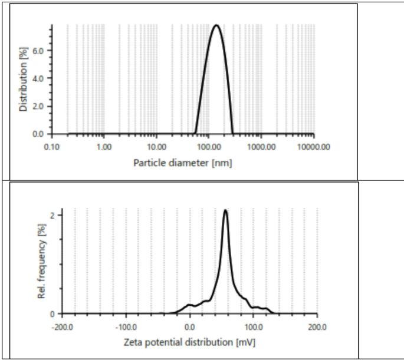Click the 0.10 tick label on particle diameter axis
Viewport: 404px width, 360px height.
(52, 146)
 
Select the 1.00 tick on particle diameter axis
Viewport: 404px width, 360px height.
(104, 146)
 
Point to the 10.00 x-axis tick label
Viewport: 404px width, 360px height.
(157, 146)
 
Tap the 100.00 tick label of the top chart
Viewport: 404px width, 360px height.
(209, 146)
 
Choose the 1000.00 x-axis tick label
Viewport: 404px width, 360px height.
(261, 146)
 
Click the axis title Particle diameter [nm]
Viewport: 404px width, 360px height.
(182, 163)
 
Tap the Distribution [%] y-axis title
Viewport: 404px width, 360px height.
(24, 80)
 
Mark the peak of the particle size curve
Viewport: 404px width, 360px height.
(216, 25)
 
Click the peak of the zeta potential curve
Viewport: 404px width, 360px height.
(225, 210)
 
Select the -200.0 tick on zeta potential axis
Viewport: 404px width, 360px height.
(63, 326)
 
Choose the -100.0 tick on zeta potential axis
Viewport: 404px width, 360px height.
(126, 326)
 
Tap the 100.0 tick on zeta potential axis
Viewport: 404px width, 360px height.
(254, 326)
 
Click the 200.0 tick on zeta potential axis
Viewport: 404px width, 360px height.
(317, 326)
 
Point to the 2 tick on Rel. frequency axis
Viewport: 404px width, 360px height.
(52, 216)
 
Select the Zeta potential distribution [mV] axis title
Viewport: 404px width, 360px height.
(189, 342)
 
